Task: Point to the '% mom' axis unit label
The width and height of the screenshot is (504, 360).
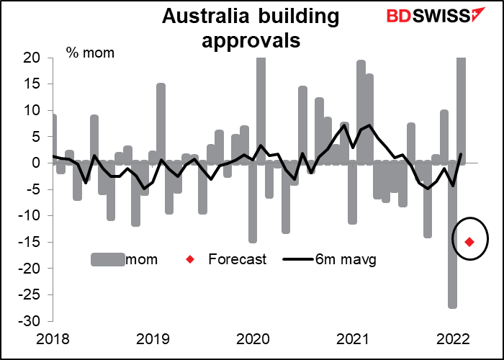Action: point(90,53)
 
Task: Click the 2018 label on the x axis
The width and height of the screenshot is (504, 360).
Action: point(53,338)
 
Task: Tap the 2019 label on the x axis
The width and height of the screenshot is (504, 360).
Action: point(153,338)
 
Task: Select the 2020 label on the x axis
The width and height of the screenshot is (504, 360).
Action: point(253,338)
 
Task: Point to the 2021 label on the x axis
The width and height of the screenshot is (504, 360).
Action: point(354,338)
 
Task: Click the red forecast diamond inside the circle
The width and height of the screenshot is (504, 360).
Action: point(469,241)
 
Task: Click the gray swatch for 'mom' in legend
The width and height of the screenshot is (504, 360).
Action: point(109,259)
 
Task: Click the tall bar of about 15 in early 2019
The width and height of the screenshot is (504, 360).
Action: point(161,123)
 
